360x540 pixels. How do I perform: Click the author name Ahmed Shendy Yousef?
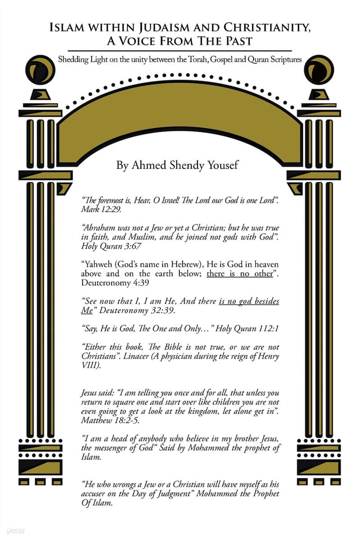point(177,166)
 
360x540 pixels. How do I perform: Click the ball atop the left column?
point(40,69)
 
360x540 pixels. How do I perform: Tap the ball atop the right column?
point(319,69)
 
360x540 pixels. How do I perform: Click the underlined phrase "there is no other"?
point(239,274)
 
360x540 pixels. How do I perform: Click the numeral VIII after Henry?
point(90,366)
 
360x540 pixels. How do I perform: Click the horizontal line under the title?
point(180,50)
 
